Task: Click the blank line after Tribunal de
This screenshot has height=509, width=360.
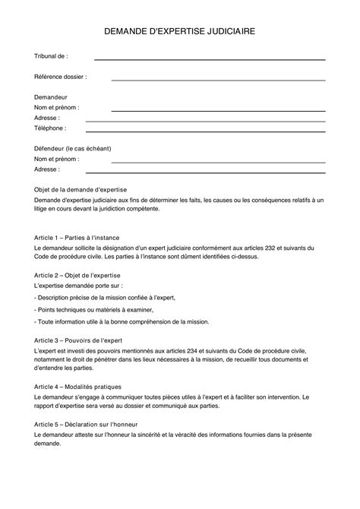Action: click(x=209, y=58)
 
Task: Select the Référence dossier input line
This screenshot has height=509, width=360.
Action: click(x=218, y=78)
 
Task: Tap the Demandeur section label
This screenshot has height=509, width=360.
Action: click(x=52, y=98)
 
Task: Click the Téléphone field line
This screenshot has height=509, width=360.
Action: click(x=205, y=131)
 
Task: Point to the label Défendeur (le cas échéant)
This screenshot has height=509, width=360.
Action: click(x=75, y=150)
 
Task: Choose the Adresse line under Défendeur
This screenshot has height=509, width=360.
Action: click(x=205, y=172)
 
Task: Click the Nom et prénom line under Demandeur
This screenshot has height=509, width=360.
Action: click(x=218, y=110)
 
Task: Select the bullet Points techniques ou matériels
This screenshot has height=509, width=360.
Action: click(x=94, y=310)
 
